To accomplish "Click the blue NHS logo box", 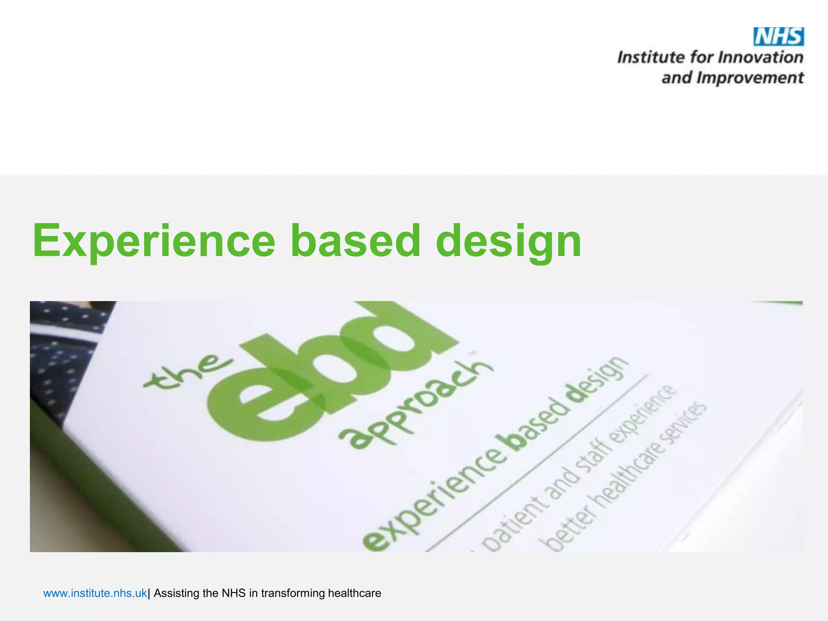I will [779, 37].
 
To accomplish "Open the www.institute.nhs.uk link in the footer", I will [95, 593].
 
